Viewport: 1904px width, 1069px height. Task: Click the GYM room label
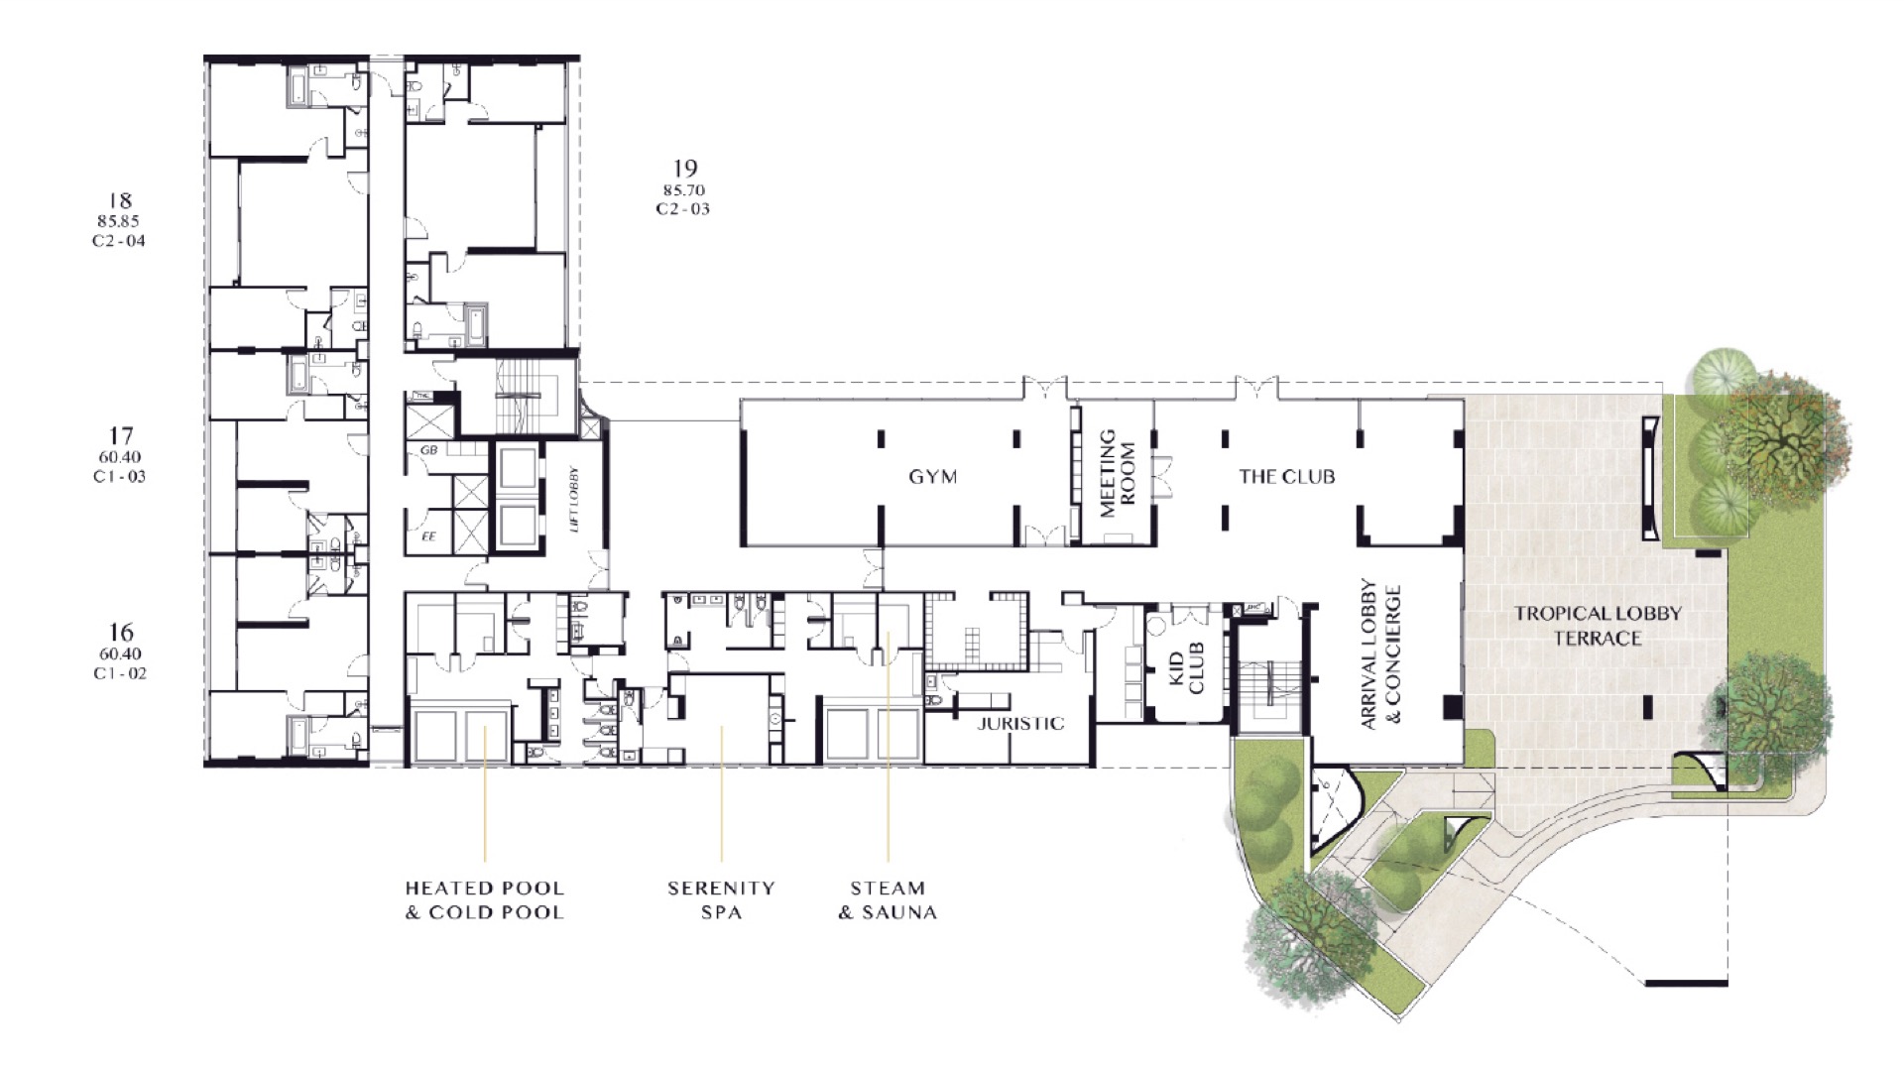point(933,477)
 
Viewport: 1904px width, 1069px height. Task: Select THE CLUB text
point(1286,477)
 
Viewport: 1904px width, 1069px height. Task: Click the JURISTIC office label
point(1020,724)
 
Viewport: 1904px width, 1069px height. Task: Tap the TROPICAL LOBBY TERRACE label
point(1597,626)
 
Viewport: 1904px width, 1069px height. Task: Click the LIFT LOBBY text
point(574,500)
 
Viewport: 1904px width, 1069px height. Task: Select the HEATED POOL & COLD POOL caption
point(484,900)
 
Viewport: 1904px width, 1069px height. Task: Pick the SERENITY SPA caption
point(721,900)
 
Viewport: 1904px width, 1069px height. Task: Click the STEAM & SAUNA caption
point(888,900)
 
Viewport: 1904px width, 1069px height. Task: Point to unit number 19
point(684,169)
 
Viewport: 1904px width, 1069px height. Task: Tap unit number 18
point(119,201)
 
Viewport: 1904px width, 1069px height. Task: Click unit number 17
point(120,435)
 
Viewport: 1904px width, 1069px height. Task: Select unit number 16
point(120,633)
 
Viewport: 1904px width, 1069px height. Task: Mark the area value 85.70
point(684,189)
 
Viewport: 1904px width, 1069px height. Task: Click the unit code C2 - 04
point(119,241)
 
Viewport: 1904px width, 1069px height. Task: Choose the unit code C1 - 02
point(120,673)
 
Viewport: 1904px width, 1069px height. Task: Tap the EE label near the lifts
point(429,536)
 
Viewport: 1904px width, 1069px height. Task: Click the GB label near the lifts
point(429,450)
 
